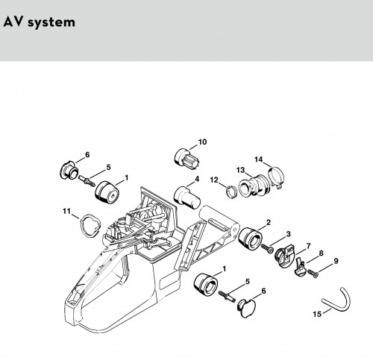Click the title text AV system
pos(39,22)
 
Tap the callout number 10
pos(202,142)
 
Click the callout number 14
pos(259,160)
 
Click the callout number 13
pos(240,170)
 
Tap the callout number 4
pos(197,179)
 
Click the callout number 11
pos(66,211)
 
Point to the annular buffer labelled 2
pos(250,238)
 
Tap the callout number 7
pos(308,246)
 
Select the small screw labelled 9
pos(313,273)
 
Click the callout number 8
pos(321,253)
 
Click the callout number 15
pos(317,314)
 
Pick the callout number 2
pos(269,222)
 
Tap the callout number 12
pos(214,180)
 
